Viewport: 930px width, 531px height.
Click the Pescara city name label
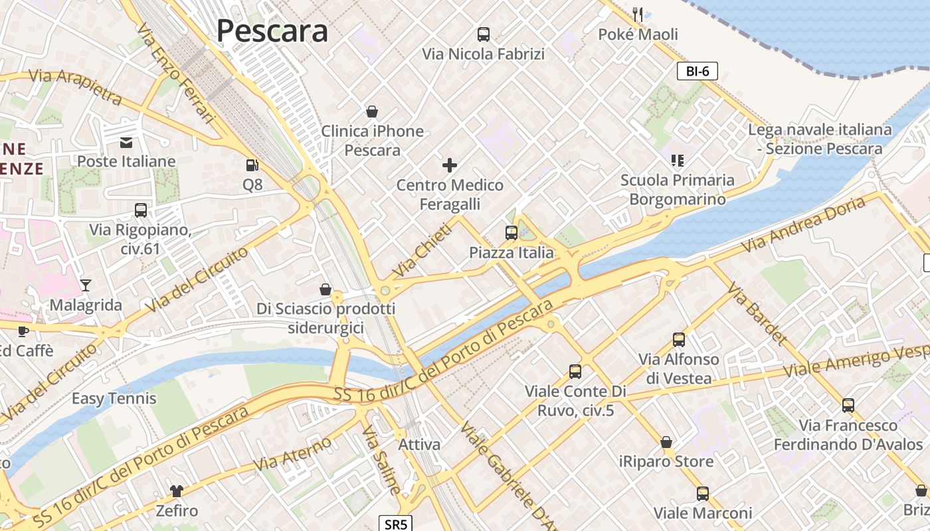(272, 31)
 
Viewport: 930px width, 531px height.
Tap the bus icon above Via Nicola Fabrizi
(484, 35)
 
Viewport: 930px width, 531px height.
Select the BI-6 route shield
(697, 71)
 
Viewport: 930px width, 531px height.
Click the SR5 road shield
(396, 524)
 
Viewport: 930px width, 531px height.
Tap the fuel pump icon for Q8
(252, 165)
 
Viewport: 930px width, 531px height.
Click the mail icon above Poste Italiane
(126, 142)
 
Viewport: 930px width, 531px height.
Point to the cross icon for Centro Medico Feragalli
(450, 165)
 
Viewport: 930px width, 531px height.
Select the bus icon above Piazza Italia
(511, 233)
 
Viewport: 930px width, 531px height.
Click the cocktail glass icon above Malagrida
(86, 285)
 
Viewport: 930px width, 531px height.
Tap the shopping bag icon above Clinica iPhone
(372, 112)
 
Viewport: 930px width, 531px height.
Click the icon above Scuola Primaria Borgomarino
(678, 160)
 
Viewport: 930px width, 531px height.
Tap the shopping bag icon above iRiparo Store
(666, 442)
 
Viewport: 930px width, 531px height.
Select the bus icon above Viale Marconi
(703, 493)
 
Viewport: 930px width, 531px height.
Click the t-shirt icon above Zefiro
(177, 491)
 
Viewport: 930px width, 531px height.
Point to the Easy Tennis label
(114, 398)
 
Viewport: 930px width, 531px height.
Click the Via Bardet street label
(757, 313)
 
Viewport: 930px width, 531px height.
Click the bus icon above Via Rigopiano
(141, 210)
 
